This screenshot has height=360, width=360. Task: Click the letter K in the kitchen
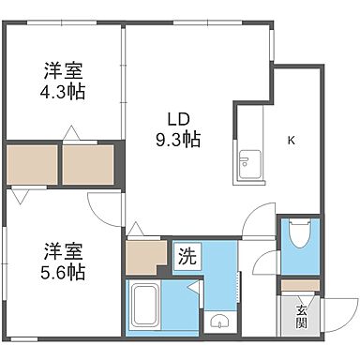[x=291, y=142]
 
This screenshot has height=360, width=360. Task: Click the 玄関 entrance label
[x=302, y=317]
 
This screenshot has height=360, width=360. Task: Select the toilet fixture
[x=299, y=235]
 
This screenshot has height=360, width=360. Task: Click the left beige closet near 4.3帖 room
[x=31, y=164]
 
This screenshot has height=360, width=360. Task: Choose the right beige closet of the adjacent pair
[x=88, y=164]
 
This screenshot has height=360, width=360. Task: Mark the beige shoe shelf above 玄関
[x=300, y=286]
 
